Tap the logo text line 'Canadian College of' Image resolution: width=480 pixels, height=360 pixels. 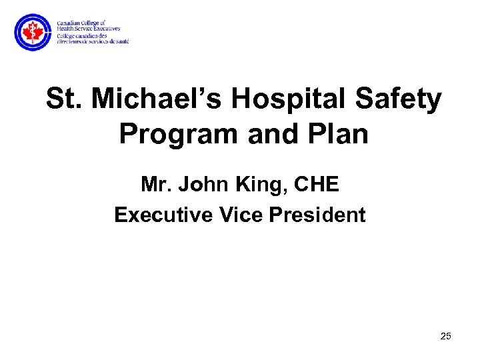[x=81, y=23]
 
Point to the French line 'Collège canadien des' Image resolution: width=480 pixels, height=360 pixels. [x=83, y=35]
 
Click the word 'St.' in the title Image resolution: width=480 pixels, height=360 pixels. [x=63, y=99]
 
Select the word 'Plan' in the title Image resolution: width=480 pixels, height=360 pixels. [x=340, y=134]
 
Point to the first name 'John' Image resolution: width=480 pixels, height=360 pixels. [x=201, y=184]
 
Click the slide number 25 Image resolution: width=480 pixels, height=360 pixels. [x=445, y=336]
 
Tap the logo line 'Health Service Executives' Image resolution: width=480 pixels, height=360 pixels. [x=88, y=29]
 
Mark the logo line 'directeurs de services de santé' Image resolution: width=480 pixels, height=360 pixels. [x=93, y=41]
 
